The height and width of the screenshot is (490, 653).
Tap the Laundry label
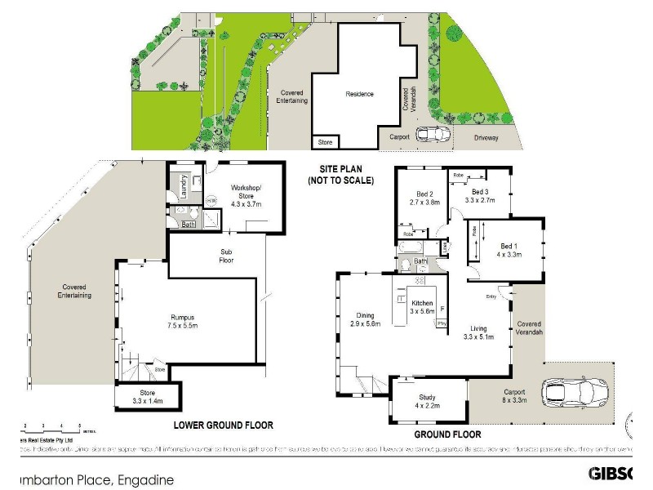184,187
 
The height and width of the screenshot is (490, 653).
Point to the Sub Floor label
228,256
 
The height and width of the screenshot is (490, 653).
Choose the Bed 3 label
480,194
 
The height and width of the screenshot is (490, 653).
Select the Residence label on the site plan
359,94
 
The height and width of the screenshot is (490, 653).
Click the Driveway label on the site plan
486,138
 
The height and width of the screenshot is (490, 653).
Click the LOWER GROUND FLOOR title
223,425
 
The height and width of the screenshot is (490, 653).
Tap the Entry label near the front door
491,296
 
